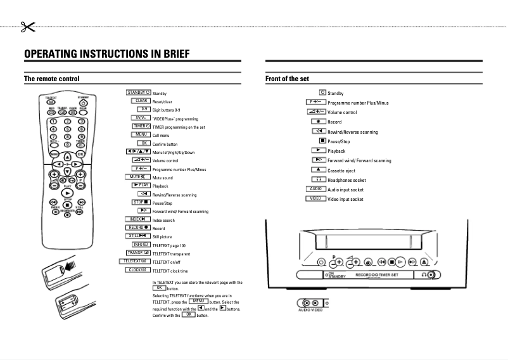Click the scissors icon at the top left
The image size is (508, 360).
[x=26, y=26]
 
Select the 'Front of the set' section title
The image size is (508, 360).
[x=287, y=79]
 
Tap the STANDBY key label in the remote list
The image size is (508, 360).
[x=138, y=93]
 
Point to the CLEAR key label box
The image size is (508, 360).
[x=141, y=101]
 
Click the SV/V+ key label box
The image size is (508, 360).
[x=141, y=118]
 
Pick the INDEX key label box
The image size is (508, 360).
[x=137, y=219]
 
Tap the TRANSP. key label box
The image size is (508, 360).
[x=138, y=252]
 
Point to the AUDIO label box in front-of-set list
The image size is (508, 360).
[x=315, y=189]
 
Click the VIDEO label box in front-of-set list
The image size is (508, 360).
[x=315, y=198]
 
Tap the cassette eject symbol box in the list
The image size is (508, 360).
[x=318, y=170]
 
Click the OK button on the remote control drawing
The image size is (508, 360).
[x=80, y=153]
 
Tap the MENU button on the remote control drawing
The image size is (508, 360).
[x=54, y=153]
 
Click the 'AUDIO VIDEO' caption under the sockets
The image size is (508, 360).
[x=310, y=311]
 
